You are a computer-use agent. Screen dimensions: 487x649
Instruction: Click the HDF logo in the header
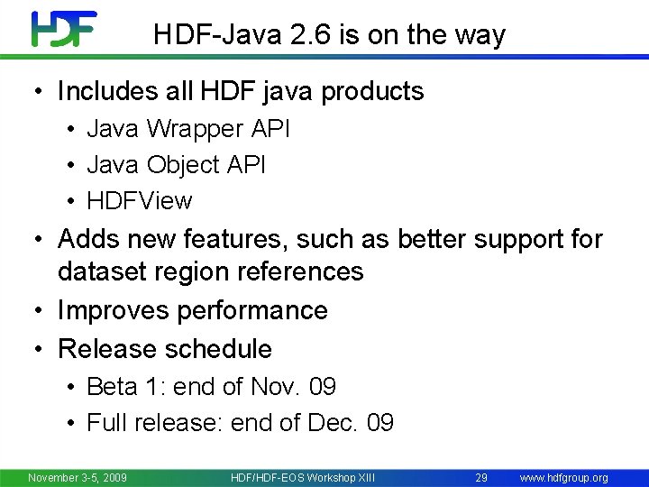[64, 30]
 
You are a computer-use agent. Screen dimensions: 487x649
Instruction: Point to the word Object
[183, 165]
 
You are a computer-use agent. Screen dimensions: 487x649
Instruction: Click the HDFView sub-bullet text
[140, 200]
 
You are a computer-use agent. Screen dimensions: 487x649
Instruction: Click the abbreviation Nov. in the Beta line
[273, 387]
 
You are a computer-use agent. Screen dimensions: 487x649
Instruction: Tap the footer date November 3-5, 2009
[78, 477]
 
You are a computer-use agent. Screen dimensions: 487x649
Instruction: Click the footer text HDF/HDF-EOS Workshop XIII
[303, 477]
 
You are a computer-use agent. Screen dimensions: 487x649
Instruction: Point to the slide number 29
[481, 477]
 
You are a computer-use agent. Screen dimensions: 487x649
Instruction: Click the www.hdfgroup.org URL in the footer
[564, 477]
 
